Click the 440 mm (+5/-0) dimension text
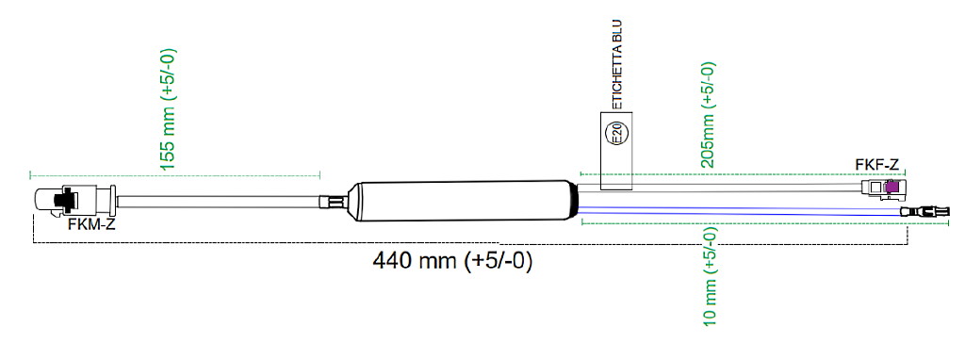click(452, 261)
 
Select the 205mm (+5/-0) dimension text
click(709, 114)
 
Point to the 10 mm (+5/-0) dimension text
click(710, 276)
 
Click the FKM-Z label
click(91, 224)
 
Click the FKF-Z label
click(877, 165)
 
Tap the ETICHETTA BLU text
click(618, 65)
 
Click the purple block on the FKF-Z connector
click(891, 188)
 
